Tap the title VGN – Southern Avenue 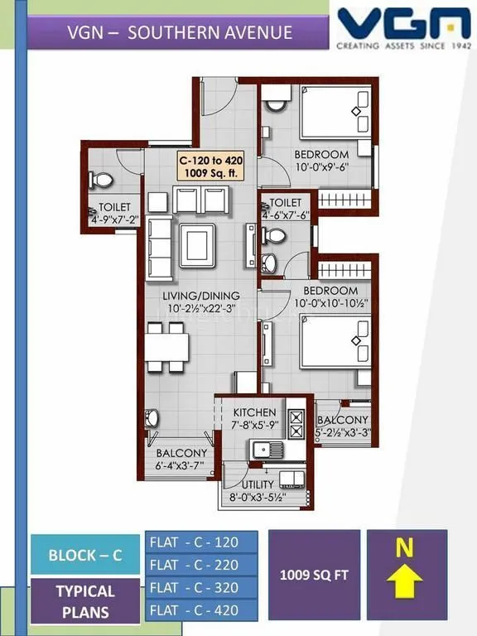(180, 33)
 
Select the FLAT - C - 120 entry (201, 542)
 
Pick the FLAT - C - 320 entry (201, 588)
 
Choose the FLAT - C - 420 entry (201, 611)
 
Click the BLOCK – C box (84, 555)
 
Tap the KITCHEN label (253, 412)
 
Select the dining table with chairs (165, 347)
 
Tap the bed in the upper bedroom (335, 112)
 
